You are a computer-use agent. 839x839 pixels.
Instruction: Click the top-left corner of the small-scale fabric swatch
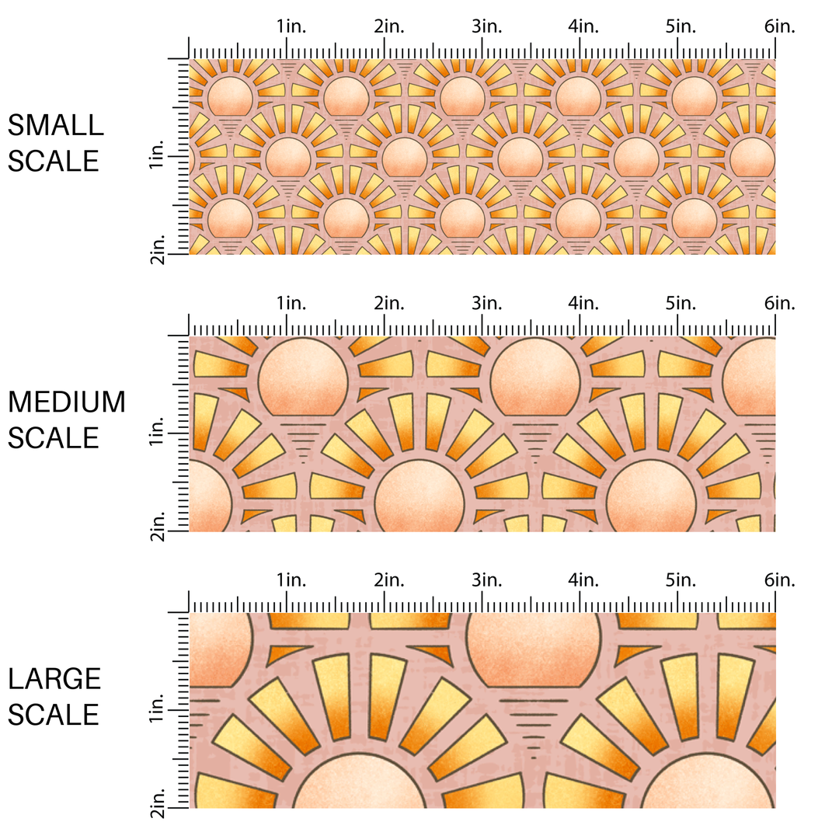(x=190, y=59)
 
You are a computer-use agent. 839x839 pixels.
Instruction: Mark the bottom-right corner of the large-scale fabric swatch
(x=775, y=808)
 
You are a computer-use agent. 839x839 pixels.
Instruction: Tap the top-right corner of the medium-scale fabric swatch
(x=775, y=336)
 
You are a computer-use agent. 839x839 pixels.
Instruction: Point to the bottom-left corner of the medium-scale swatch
(x=190, y=531)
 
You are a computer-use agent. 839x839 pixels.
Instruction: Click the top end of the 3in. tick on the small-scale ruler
(x=482, y=38)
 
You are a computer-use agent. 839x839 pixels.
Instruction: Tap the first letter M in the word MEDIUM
(x=19, y=402)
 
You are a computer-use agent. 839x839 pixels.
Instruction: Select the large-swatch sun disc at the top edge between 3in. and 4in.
(x=534, y=649)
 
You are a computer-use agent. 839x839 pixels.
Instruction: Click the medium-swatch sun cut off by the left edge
(x=211, y=496)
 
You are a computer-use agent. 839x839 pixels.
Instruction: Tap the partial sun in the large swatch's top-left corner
(x=221, y=649)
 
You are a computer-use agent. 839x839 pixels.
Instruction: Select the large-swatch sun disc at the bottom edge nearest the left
(x=359, y=781)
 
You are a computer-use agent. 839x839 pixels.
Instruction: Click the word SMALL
(x=56, y=125)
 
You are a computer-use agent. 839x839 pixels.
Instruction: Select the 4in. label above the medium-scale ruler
(x=583, y=304)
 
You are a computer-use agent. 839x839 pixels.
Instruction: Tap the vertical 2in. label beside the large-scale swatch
(x=157, y=802)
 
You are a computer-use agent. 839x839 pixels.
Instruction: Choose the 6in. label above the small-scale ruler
(x=780, y=26)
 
